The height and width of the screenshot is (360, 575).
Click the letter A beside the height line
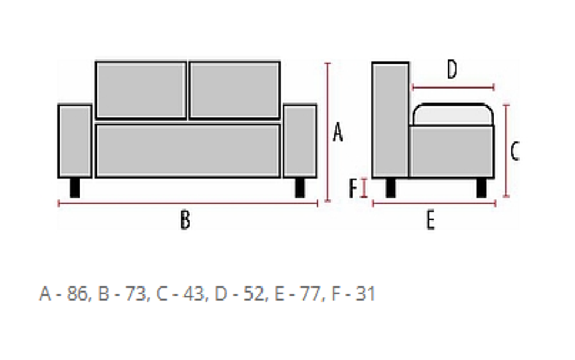[x=338, y=133]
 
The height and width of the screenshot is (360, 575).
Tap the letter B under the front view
[x=185, y=220]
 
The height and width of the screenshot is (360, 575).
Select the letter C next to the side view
[x=515, y=152]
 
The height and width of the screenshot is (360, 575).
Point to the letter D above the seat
[x=452, y=70]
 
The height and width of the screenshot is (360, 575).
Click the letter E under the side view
[x=431, y=220]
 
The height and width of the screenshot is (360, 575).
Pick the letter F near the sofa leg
[x=353, y=188]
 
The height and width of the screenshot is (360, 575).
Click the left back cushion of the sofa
[x=141, y=90]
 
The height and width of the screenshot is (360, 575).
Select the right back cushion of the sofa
[x=234, y=90]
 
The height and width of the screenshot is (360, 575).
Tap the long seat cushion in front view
[x=188, y=151]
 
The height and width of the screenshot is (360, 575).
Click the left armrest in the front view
[x=75, y=141]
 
